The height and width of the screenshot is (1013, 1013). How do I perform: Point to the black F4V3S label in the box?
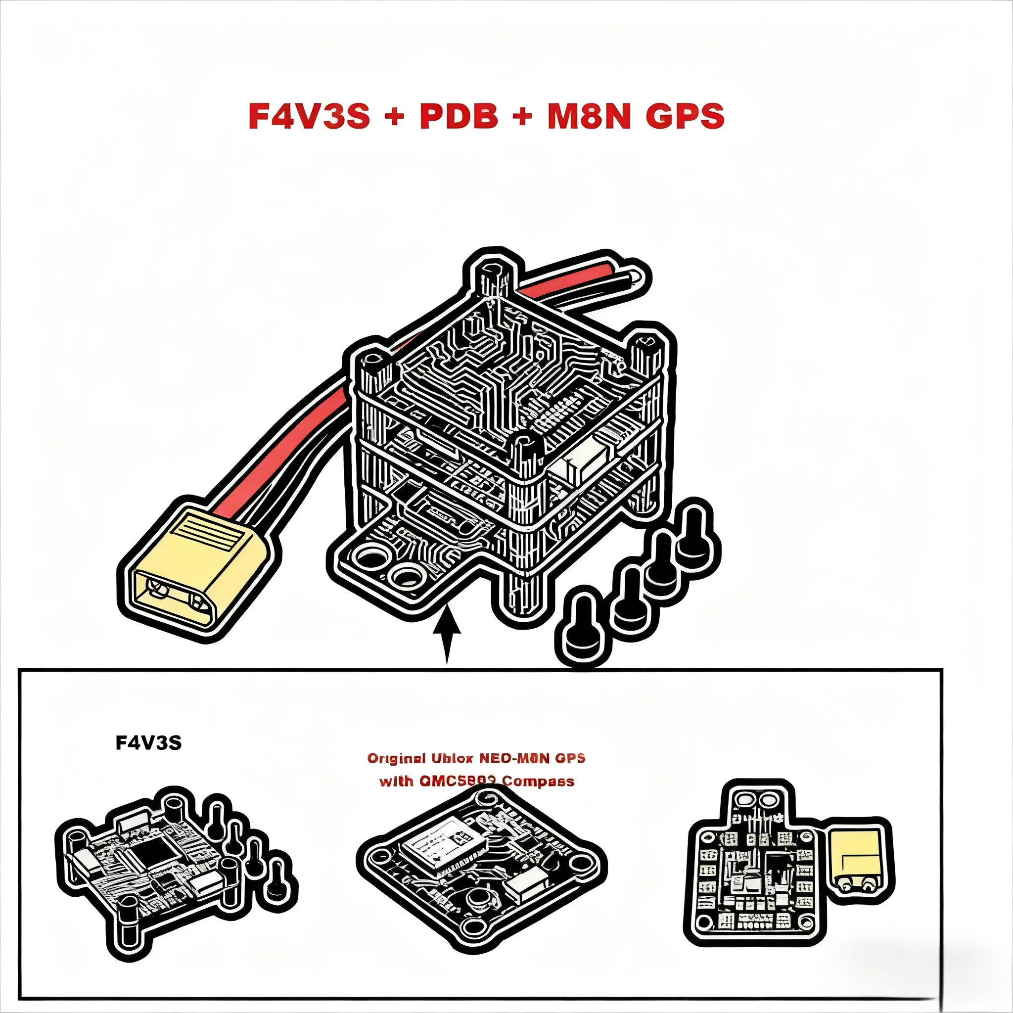click(148, 743)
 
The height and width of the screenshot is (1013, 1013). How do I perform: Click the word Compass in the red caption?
click(538, 781)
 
